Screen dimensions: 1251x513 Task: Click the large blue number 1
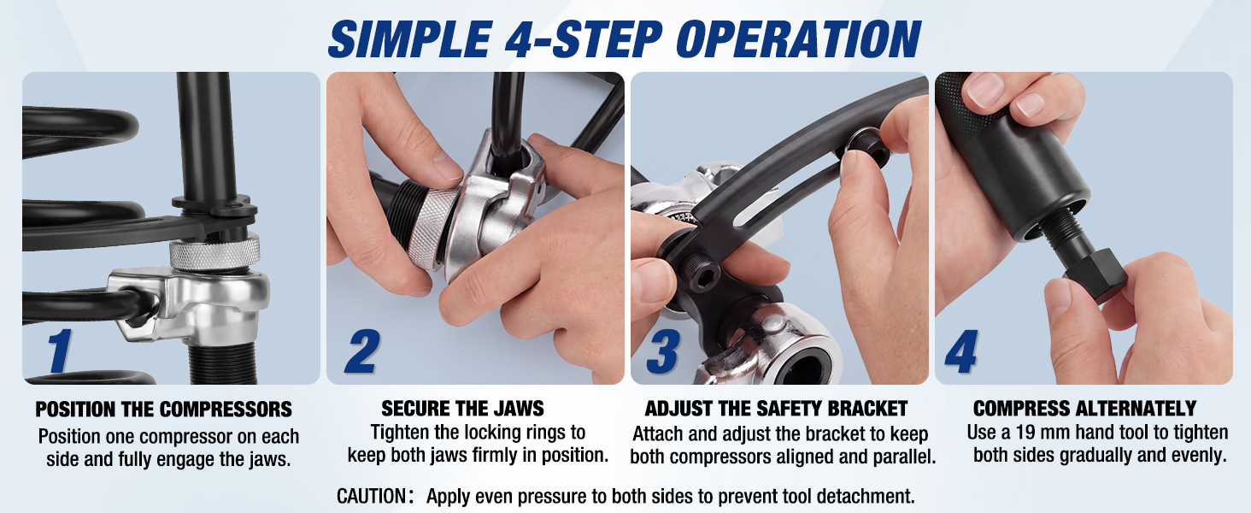tap(60, 351)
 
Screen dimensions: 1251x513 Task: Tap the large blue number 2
tap(362, 351)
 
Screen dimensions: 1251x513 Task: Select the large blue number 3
tap(663, 351)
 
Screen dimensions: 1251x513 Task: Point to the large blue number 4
tap(961, 351)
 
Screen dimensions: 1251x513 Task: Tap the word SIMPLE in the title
tap(410, 39)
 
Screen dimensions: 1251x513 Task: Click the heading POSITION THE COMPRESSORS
tap(163, 409)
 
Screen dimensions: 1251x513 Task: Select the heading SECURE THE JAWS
tap(462, 409)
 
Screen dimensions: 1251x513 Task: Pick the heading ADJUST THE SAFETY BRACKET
tap(776, 409)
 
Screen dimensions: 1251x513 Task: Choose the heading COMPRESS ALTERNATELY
tap(1084, 409)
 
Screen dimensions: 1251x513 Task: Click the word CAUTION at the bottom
tap(372, 496)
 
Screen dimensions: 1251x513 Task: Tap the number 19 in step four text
tap(1026, 433)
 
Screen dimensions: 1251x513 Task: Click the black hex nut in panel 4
tap(1095, 274)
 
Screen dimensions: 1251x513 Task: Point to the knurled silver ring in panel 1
tap(215, 252)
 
